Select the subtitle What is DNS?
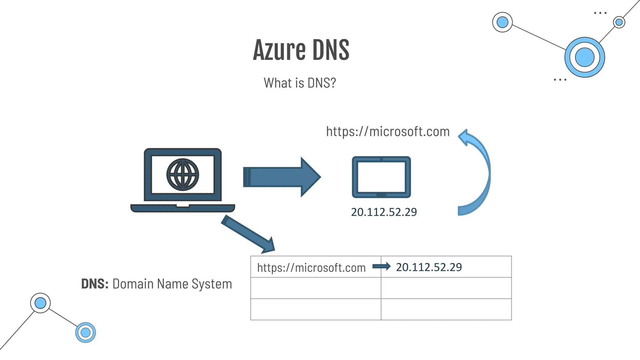coord(300,83)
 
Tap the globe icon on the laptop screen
coord(183,174)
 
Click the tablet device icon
coord(381,177)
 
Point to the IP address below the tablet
coord(384,212)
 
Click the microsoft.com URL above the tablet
coord(388,132)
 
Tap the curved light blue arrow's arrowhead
coord(464,137)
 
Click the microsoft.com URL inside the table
coord(311,268)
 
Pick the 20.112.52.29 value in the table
coord(429,267)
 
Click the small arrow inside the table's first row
coord(381,267)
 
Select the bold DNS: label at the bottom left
coord(95,284)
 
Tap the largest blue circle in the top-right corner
coord(584,57)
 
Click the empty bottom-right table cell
coord(446,309)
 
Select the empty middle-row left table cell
coord(316,288)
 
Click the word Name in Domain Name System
coord(172,284)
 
